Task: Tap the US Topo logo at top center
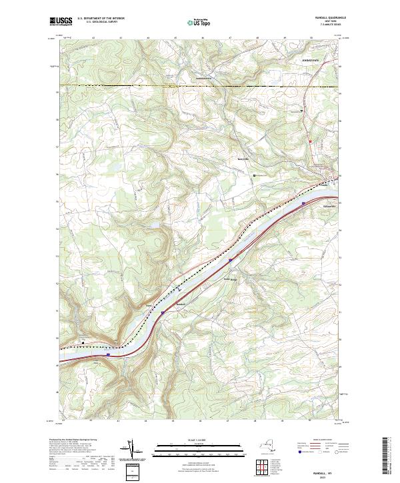(193, 21)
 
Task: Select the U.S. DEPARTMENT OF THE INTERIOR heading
(101, 18)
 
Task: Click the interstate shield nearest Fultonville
(304, 203)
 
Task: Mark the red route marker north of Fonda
(311, 141)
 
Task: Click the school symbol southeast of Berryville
(254, 175)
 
